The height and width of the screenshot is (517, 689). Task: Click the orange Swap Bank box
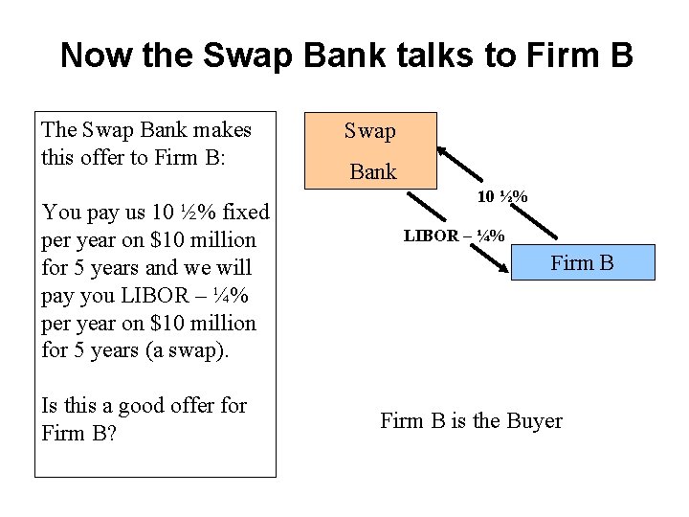pyautogui.click(x=370, y=149)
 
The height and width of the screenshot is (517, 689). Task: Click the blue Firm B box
pyautogui.click(x=584, y=261)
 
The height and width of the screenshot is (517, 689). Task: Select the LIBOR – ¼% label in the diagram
pyautogui.click(x=455, y=236)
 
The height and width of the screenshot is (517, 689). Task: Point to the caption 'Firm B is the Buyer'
pyautogui.click(x=471, y=420)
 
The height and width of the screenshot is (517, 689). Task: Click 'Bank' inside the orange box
pyautogui.click(x=372, y=171)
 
